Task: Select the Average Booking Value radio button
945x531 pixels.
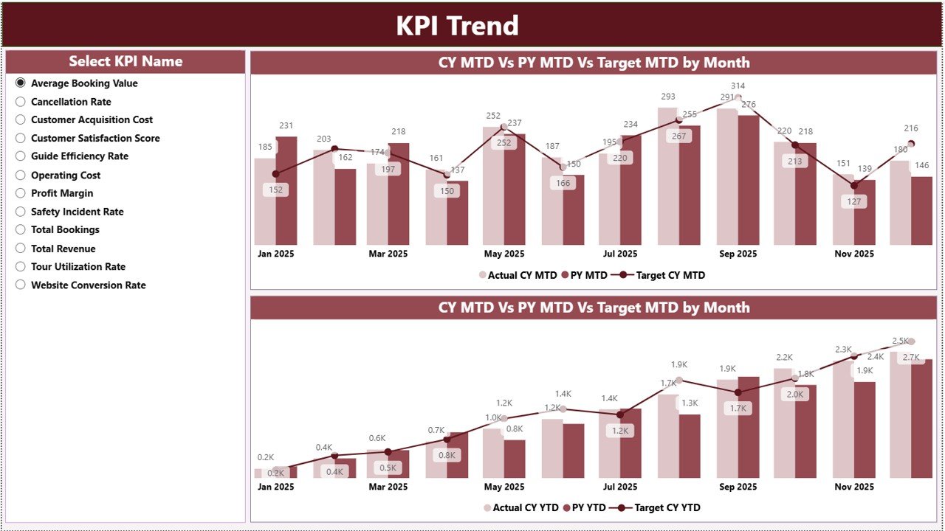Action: pos(21,83)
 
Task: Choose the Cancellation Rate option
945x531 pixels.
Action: pos(21,102)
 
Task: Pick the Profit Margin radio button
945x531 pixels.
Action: pos(21,193)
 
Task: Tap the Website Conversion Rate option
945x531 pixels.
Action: pos(21,285)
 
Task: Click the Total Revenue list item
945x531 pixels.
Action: pos(63,249)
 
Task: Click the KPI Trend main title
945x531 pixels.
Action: pos(457,26)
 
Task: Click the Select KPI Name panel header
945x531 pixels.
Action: pos(126,62)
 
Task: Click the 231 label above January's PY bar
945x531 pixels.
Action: pos(286,126)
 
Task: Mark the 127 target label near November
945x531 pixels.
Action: pos(854,202)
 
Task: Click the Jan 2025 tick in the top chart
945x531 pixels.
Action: pos(275,254)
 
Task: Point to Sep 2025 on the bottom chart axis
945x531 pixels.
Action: pos(738,487)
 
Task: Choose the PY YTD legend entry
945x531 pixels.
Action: pos(586,507)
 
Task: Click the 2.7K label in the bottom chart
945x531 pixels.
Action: pos(911,358)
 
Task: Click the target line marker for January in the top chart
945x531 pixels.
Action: pos(275,174)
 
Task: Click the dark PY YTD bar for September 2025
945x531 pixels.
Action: pos(749,427)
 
